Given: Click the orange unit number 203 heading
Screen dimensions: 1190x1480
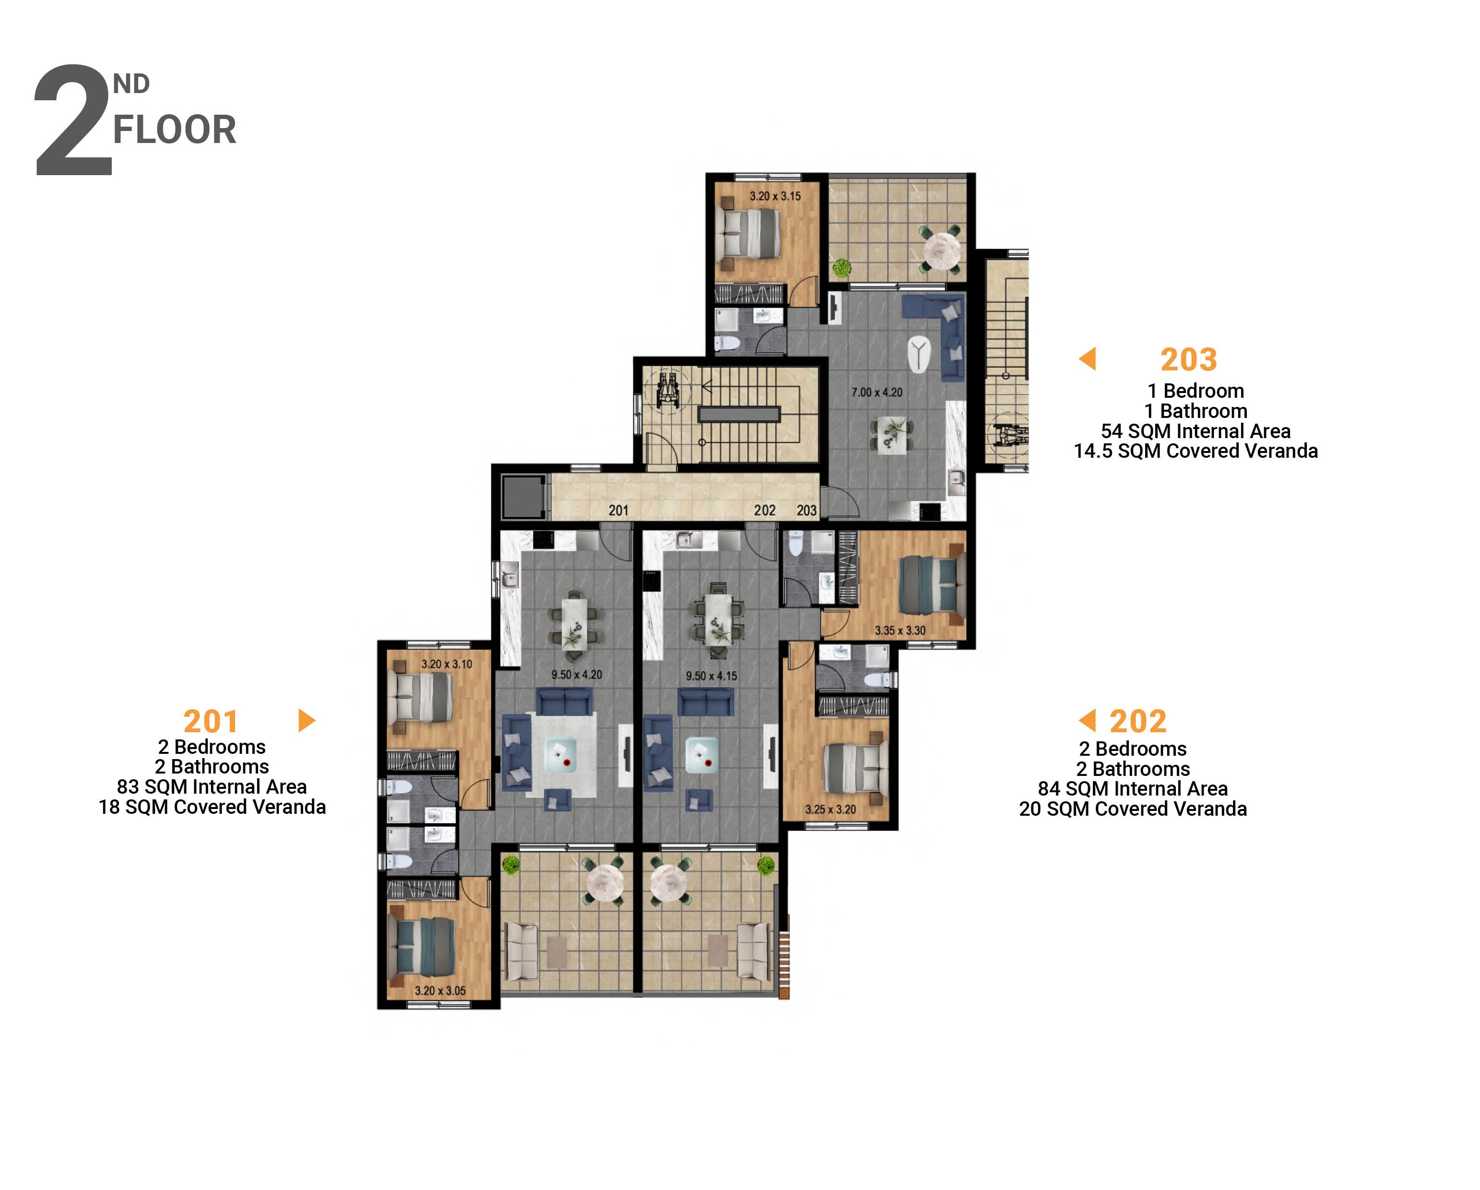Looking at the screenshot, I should (x=1188, y=360).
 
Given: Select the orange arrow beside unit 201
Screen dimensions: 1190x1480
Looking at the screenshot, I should (x=306, y=720).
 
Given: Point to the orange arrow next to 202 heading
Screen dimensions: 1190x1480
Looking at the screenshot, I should (x=1088, y=720).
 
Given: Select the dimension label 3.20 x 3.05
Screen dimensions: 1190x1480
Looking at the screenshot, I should (x=440, y=991).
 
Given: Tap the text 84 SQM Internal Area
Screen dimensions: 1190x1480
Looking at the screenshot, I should (x=1133, y=789).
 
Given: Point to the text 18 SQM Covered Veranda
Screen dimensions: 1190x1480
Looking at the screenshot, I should (x=212, y=807).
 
